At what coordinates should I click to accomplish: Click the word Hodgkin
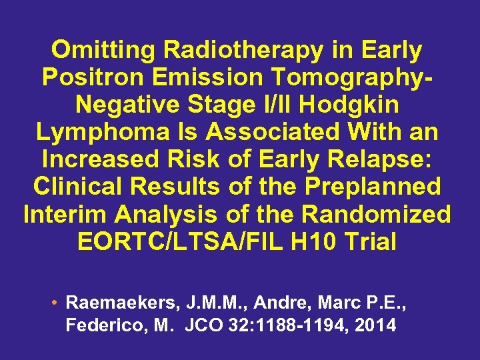click(353, 105)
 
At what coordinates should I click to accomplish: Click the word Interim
click(67, 215)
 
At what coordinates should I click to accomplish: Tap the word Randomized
click(376, 215)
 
